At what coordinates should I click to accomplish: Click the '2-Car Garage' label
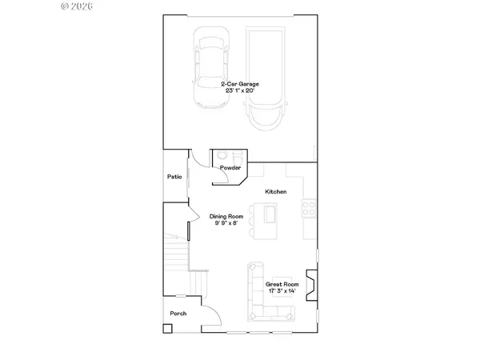(x=240, y=83)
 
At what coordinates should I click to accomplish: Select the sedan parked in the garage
(x=211, y=67)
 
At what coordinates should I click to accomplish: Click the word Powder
(x=231, y=168)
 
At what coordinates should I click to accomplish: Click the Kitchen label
(x=276, y=192)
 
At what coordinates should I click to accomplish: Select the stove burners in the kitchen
(x=307, y=210)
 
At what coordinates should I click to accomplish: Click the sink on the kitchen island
(x=267, y=214)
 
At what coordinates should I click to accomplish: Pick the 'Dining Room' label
(x=226, y=216)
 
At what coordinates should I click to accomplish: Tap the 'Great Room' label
(x=282, y=284)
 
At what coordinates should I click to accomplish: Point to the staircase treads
(x=176, y=256)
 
